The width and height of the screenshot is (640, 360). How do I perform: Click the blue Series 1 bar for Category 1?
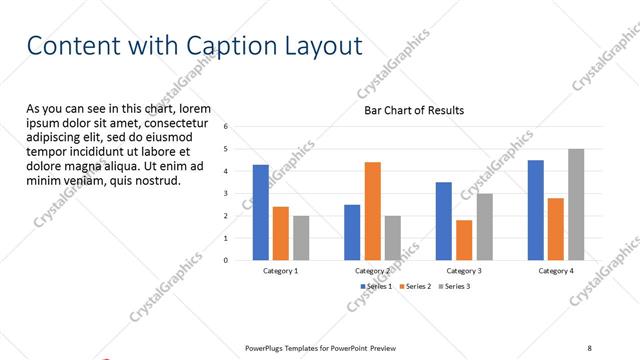click(260, 212)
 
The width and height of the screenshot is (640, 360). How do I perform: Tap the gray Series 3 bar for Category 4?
click(576, 205)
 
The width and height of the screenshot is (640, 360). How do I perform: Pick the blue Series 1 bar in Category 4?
click(536, 210)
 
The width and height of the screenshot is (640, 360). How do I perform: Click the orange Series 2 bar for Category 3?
click(464, 240)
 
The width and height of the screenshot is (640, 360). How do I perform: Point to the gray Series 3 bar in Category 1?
click(301, 238)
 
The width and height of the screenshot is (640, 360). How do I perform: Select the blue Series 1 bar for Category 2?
click(352, 232)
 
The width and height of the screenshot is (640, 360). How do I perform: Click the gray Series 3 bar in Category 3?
click(484, 227)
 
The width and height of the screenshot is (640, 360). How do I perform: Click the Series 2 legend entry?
click(416, 286)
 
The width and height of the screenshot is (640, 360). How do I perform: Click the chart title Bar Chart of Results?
click(413, 110)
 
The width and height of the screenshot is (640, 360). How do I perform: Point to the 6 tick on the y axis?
click(226, 127)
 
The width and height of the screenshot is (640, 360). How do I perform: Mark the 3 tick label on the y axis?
click(226, 194)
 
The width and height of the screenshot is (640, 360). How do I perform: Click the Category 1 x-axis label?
click(280, 271)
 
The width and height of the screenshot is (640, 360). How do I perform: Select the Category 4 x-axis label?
click(556, 271)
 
